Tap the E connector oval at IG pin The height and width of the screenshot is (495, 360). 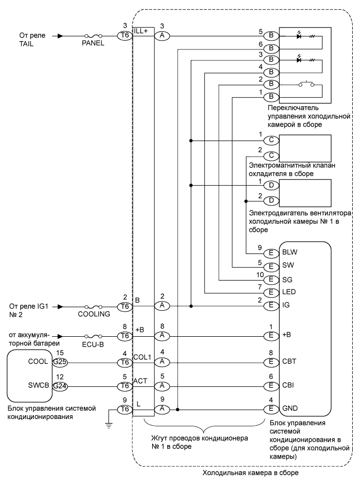coord(271,307)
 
